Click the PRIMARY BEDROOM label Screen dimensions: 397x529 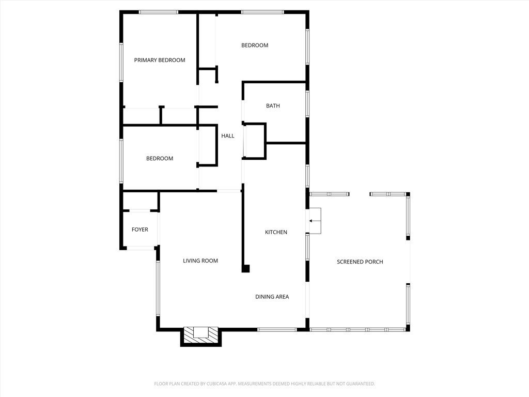(x=159, y=60)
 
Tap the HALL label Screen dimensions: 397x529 (x=228, y=136)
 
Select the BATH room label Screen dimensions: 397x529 (x=273, y=106)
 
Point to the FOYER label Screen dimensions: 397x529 (x=140, y=230)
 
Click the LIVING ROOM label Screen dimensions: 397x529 (x=200, y=261)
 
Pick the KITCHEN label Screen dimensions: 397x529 (x=276, y=233)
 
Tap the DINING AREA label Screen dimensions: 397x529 (x=272, y=297)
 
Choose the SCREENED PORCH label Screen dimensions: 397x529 (x=360, y=262)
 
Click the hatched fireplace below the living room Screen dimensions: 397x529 (x=201, y=333)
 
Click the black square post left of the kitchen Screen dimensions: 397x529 (x=246, y=268)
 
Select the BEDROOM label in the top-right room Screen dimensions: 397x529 (x=255, y=45)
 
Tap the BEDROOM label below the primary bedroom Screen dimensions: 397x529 (x=160, y=159)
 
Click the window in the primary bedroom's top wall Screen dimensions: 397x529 (x=159, y=12)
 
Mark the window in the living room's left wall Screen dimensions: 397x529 (x=158, y=288)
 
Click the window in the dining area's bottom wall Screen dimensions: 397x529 (x=277, y=329)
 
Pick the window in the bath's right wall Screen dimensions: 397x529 (x=307, y=104)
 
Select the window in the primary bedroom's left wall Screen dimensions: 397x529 (x=122, y=62)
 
